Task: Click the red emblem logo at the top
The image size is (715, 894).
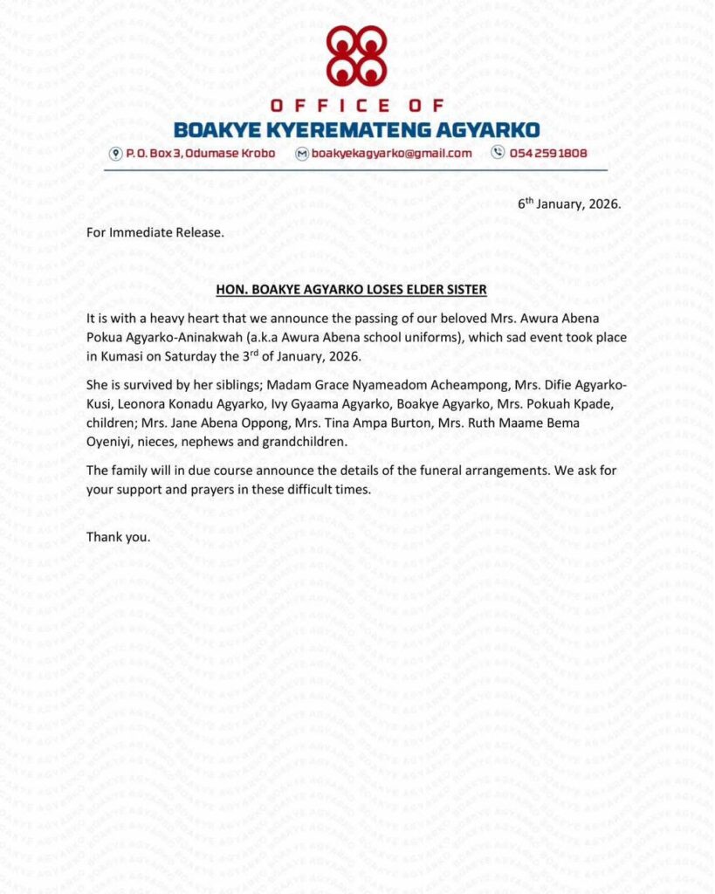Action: click(356, 55)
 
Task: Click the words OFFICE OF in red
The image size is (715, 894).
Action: click(356, 107)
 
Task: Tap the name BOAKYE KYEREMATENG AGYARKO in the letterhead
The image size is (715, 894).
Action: click(356, 131)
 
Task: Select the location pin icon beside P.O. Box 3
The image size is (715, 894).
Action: click(114, 154)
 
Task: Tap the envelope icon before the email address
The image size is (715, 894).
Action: click(302, 154)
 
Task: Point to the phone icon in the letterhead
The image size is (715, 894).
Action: click(498, 153)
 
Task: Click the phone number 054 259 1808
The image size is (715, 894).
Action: click(549, 154)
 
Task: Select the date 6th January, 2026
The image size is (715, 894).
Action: click(569, 204)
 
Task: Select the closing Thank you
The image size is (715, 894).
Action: click(118, 536)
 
